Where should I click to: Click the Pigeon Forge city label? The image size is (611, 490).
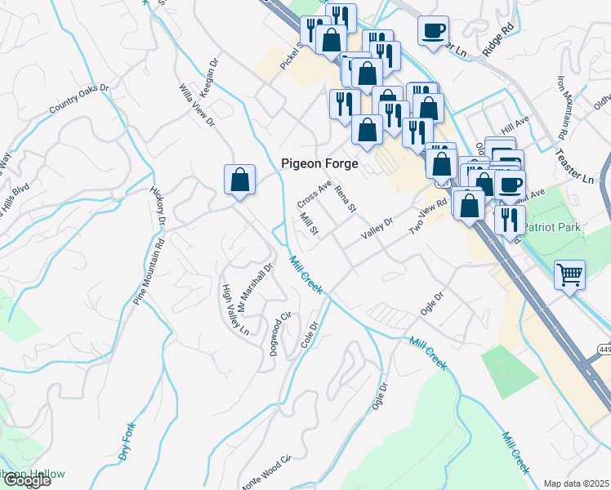coord(319,163)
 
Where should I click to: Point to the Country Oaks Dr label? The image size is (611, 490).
coord(78,99)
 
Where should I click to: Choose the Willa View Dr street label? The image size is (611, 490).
coord(196,105)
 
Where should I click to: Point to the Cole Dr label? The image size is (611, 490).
coord(308,334)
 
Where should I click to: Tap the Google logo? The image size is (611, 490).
coord(26,480)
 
